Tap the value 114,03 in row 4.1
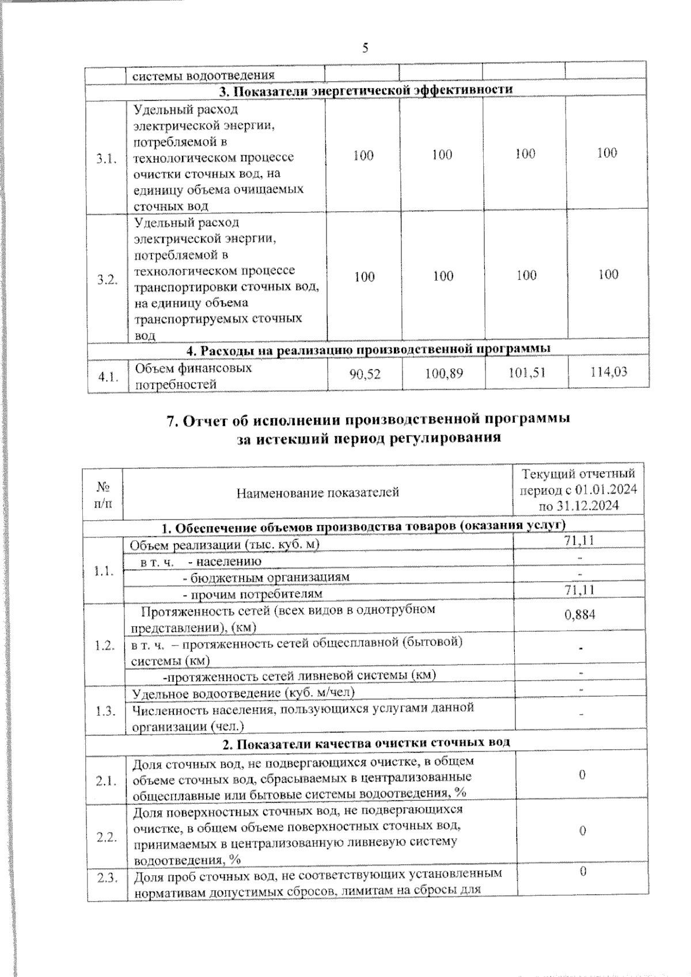coord(608,372)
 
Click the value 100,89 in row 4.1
coord(443,374)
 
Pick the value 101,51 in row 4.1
coord(526,373)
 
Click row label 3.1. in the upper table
coord(107,159)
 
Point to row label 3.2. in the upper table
coord(107,280)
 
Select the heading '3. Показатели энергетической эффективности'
coord(365,90)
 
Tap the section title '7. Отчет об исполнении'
coord(368,419)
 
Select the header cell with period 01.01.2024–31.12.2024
coord(578,490)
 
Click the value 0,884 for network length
coord(580,615)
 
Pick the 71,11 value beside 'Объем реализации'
coord(580,540)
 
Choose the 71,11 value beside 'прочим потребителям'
coord(580,590)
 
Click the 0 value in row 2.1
coord(582,775)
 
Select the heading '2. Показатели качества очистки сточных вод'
coord(366,743)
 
